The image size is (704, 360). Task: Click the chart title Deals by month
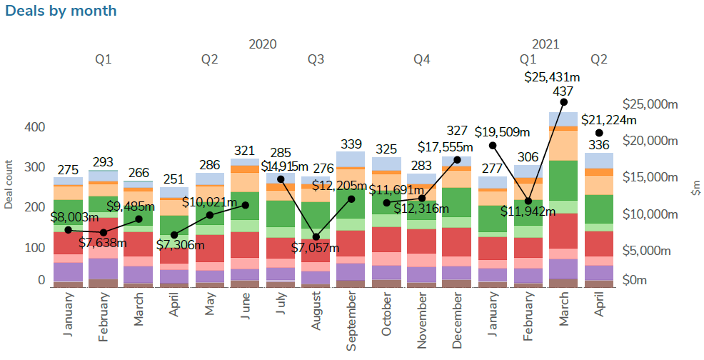60,11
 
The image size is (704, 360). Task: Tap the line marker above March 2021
563,102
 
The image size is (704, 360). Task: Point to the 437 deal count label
563,91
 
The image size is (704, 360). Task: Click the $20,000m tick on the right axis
650,140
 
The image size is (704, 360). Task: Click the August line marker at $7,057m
316,236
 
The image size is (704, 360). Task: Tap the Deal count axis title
9,184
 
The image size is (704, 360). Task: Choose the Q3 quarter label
316,59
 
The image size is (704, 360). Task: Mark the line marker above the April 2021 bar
599,133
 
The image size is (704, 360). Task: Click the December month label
457,324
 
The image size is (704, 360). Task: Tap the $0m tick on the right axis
640,280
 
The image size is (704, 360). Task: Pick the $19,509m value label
503,131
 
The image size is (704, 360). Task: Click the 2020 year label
263,44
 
